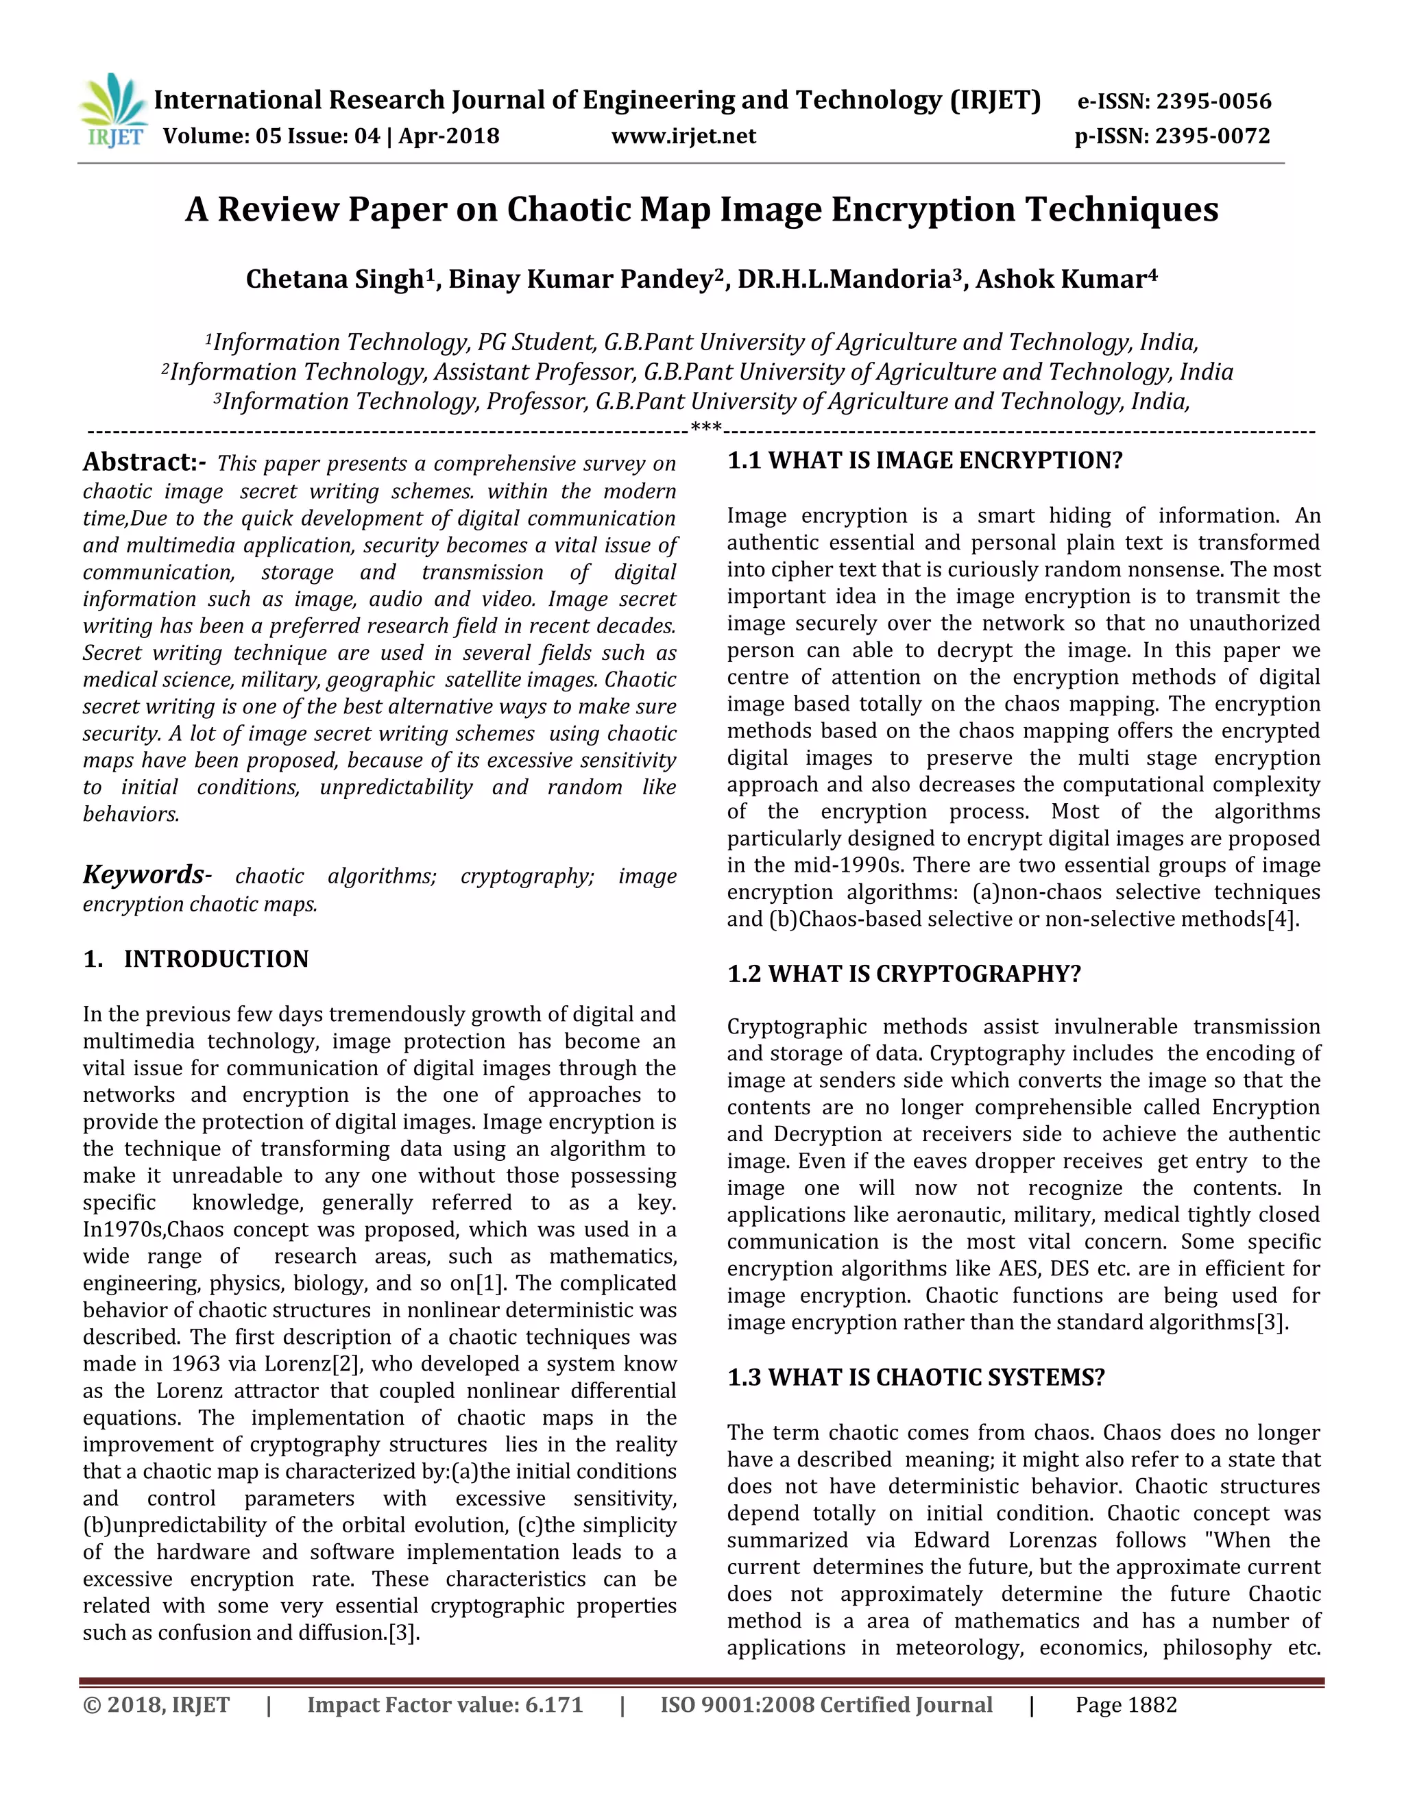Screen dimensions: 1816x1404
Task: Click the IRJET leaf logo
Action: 114,108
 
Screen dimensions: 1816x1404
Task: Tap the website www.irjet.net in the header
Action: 683,136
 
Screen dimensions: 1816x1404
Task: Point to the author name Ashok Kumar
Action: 1061,280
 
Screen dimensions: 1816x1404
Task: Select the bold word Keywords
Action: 142,874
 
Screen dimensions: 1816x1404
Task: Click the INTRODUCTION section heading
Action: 215,959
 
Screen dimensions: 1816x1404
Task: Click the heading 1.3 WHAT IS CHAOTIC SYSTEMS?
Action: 915,1377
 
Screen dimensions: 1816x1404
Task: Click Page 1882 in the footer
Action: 1126,1704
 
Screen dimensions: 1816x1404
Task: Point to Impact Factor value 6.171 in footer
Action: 445,1704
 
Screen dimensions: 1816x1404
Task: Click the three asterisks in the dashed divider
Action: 705,430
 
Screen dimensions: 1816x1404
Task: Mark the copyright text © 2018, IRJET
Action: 156,1704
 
